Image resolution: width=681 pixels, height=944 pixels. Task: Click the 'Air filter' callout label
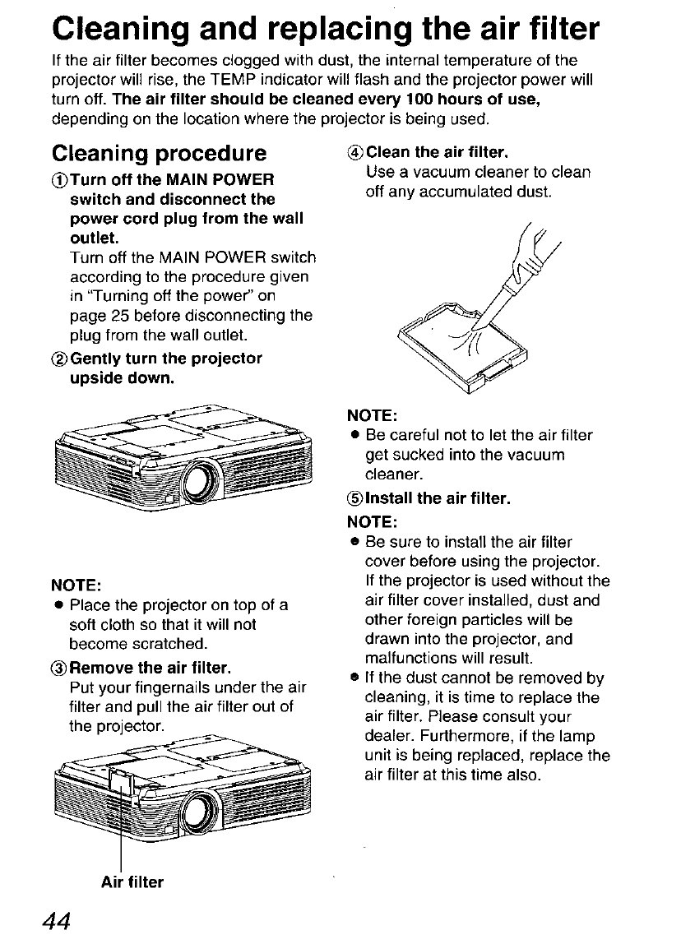(132, 882)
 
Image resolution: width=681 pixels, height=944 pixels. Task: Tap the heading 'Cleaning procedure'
(159, 154)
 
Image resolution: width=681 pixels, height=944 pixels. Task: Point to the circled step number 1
(58, 180)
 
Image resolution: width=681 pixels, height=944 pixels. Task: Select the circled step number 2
(58, 359)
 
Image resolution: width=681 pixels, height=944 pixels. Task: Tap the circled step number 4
(357, 153)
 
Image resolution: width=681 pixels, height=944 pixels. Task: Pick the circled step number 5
(356, 499)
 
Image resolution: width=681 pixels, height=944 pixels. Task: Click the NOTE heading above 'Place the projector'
(76, 585)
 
